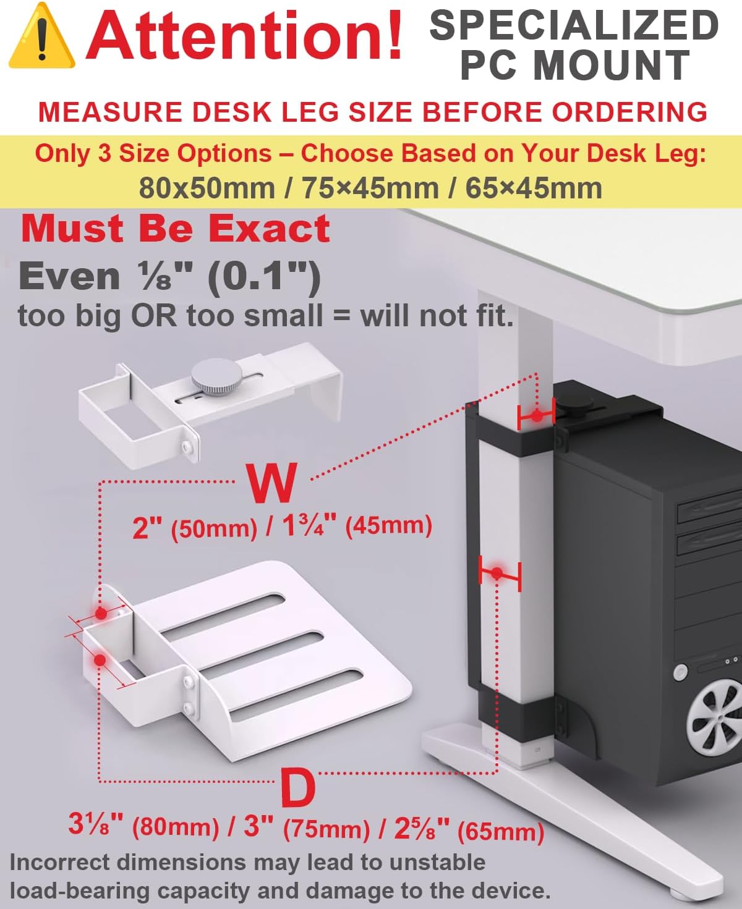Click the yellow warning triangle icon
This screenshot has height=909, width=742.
pyautogui.click(x=42, y=36)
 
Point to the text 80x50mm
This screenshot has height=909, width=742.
pyautogui.click(x=207, y=188)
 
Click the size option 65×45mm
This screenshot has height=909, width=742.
pyautogui.click(x=534, y=188)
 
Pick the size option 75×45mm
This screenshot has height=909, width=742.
pyautogui.click(x=370, y=188)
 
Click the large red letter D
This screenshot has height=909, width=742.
pyautogui.click(x=299, y=788)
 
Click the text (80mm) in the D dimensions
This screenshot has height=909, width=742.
pyautogui.click(x=176, y=827)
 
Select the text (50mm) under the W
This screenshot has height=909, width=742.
pyautogui.click(x=215, y=529)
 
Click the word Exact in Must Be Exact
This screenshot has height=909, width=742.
pyautogui.click(x=270, y=229)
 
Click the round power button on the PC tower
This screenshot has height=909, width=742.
pyautogui.click(x=680, y=672)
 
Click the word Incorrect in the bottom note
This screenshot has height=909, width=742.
pyautogui.click(x=59, y=863)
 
